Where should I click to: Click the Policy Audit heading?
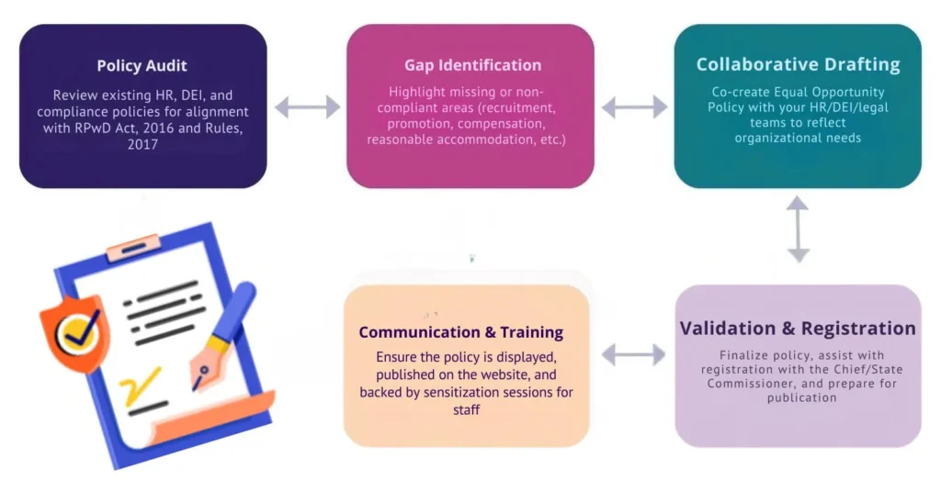(142, 66)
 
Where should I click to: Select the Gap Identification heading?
(472, 65)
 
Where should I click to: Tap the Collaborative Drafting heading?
(798, 64)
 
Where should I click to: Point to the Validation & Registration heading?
(798, 329)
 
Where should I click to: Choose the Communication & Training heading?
(461, 332)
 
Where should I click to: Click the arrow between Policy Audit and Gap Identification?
(307, 106)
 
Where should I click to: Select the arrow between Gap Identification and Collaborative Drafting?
(634, 107)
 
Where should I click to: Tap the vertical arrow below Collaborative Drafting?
(798, 229)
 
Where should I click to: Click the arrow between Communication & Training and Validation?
(633, 354)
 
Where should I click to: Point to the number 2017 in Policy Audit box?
(142, 145)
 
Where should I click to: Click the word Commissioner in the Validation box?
(748, 384)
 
